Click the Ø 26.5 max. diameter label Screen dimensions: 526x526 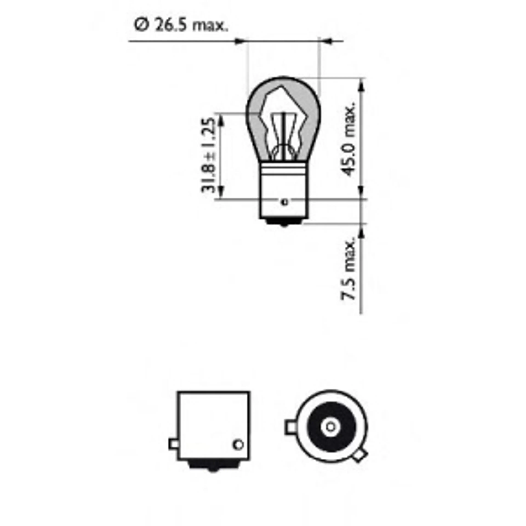pos(181,26)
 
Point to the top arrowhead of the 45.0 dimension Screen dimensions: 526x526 pos(361,87)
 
